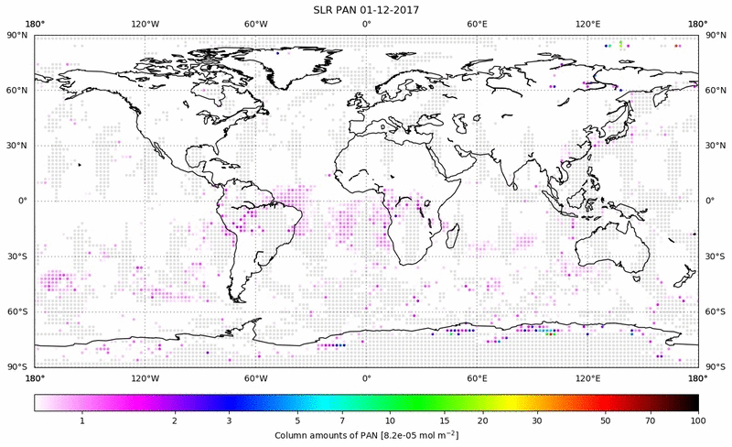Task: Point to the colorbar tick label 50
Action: point(605,420)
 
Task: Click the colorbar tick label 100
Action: point(698,420)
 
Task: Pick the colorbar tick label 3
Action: point(229,420)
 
